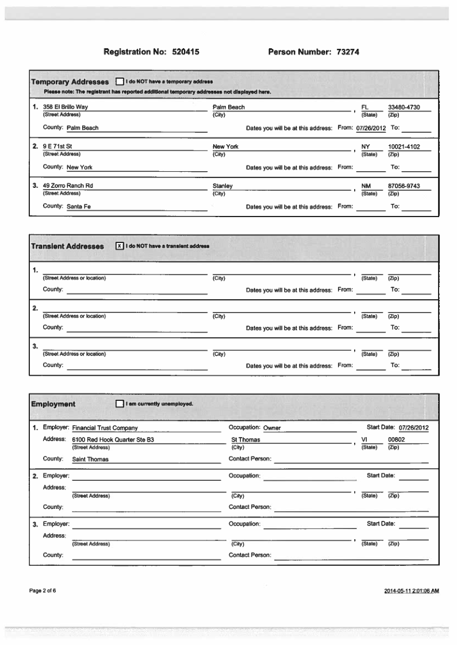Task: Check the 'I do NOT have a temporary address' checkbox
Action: coord(120,82)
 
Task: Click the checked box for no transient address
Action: coord(120,246)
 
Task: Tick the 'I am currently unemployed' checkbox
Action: coord(120,404)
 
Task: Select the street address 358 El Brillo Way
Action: coord(66,107)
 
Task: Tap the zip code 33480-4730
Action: coord(404,107)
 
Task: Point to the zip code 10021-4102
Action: coord(404,147)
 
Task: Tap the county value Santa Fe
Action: coord(79,207)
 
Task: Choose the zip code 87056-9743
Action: coord(404,186)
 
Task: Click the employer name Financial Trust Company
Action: coord(105,428)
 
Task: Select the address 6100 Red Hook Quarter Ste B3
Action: coord(113,440)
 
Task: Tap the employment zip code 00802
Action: coord(396,440)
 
